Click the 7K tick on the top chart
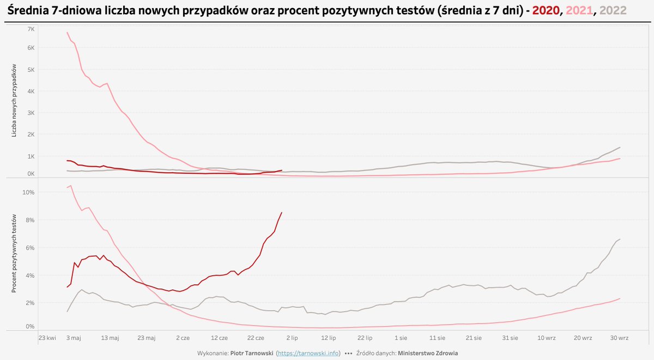[31, 29]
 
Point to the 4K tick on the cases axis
[31, 91]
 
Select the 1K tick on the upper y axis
[31, 156]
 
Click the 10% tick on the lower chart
[29, 192]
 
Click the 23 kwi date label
[47, 338]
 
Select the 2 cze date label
[183, 338]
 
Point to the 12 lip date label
[328, 338]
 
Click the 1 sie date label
[401, 338]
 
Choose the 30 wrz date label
[619, 338]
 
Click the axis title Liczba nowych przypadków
[15, 107]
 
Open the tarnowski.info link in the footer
[308, 353]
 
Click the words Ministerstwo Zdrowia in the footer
[428, 353]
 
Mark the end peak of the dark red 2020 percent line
[281, 212]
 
